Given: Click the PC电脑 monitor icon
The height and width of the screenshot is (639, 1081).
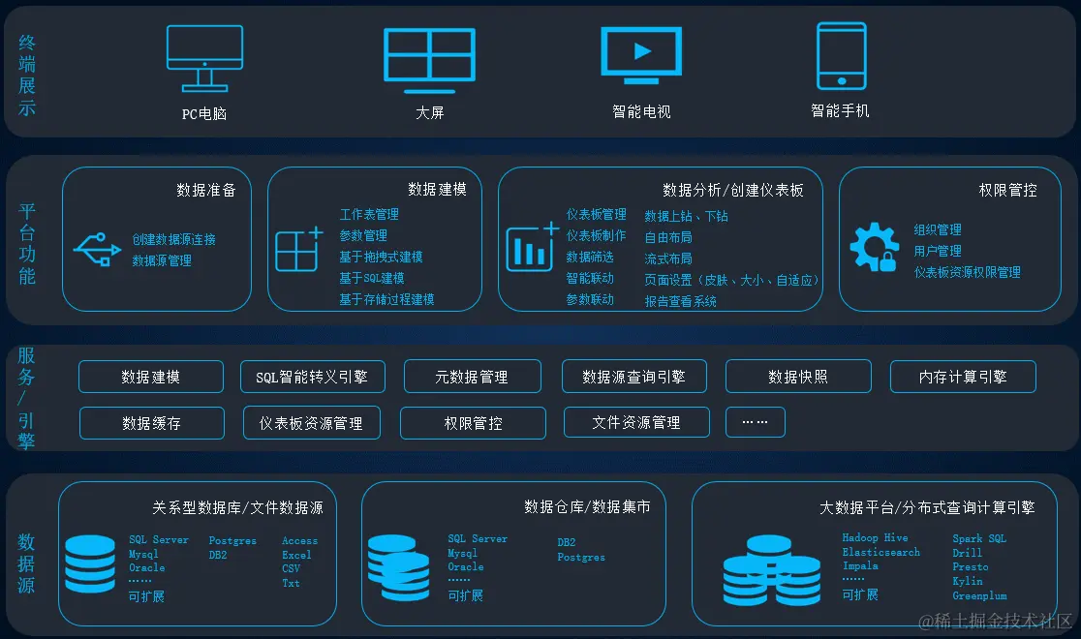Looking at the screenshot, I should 204,57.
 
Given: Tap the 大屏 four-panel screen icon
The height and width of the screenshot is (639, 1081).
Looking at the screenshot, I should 428,60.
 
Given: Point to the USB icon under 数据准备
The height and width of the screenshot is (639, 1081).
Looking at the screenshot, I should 97,248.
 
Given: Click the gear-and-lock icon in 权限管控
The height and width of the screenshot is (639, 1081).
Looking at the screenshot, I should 874,247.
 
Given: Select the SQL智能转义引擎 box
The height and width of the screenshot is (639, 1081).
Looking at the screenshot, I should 312,377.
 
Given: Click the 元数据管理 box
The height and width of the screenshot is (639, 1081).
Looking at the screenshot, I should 472,377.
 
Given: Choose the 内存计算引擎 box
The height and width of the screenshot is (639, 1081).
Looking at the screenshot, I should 963,377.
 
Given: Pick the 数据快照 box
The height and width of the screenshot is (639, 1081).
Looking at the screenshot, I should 798,377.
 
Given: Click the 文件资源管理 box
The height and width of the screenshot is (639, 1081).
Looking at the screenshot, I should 636,422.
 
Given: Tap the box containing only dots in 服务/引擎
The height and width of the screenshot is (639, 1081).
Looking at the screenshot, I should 755,422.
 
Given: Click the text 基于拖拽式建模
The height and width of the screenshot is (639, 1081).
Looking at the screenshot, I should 381,257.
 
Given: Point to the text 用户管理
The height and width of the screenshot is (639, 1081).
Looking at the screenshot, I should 938,251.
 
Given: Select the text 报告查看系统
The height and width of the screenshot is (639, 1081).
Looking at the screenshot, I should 681,301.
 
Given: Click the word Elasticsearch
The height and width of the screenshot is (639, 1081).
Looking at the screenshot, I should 880,552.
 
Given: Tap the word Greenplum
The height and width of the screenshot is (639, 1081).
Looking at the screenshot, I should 979,596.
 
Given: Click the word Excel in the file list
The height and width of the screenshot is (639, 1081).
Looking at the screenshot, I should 296,555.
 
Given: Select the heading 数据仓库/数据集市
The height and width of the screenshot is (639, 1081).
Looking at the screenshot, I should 587,506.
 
